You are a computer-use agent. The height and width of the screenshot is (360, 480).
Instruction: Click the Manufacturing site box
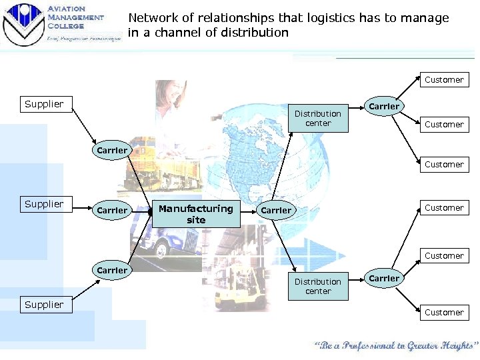(x=196, y=214)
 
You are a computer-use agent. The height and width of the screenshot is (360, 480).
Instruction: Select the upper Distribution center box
(x=318, y=118)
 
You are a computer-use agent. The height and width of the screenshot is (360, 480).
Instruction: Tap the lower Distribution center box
(x=318, y=286)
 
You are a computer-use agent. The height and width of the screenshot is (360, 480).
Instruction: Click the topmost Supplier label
(x=44, y=103)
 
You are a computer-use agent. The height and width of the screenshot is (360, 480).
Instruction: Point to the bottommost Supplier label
(x=44, y=305)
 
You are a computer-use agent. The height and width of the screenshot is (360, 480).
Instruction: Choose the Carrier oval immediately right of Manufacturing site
(x=276, y=210)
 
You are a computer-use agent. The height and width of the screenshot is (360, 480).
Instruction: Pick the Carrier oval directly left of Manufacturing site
(x=112, y=210)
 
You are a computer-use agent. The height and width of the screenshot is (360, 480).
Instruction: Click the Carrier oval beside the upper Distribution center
(x=384, y=106)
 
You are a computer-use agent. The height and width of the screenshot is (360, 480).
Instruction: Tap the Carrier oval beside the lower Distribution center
(x=384, y=278)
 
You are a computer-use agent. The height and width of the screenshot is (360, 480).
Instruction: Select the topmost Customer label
(x=444, y=80)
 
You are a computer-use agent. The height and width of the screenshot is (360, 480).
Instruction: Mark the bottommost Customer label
(x=444, y=312)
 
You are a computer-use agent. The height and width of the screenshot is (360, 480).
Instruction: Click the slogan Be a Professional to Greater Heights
(x=396, y=346)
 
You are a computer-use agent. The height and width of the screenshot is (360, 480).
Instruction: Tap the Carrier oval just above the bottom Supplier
(x=112, y=270)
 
